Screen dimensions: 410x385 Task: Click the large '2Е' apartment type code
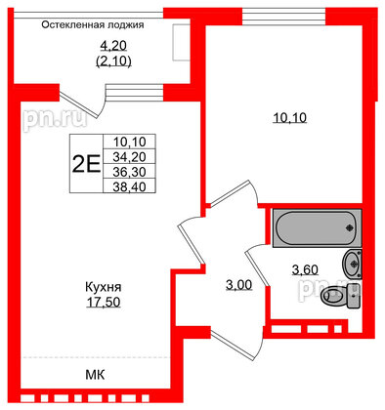click(x=85, y=163)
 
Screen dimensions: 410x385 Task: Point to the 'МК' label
click(x=94, y=375)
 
